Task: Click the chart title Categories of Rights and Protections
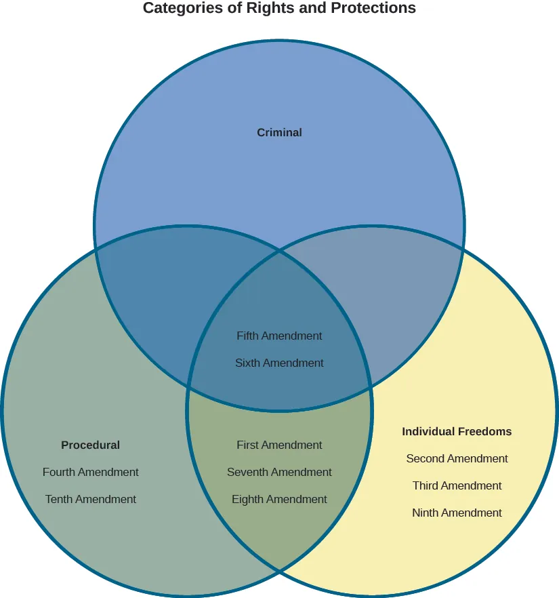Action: coord(279,9)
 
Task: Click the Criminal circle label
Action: coord(279,133)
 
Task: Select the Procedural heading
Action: coord(90,445)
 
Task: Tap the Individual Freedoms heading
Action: coord(457,432)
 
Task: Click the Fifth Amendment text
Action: coord(279,336)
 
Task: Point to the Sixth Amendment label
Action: coord(279,363)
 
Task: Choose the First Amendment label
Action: coord(279,445)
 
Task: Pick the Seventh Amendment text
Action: coord(279,473)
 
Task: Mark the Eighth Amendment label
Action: coord(279,500)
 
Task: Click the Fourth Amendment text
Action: coord(90,473)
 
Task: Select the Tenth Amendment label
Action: coord(90,500)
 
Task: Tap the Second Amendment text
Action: coord(457,459)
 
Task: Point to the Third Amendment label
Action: coord(457,486)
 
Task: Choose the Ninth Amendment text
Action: coord(457,513)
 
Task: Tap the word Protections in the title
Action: coord(374,9)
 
